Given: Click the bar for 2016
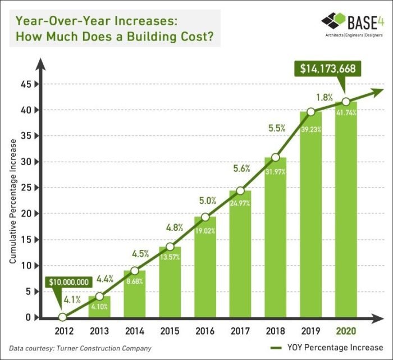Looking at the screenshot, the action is [205, 267].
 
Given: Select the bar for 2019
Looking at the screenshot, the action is [311, 215].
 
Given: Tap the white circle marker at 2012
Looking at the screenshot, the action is [62, 317].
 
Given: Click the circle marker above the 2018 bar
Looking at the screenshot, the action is [276, 157].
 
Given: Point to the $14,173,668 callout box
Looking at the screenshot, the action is [327, 69].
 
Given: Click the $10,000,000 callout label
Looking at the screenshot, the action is [68, 282].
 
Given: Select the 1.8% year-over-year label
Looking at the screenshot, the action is [325, 97].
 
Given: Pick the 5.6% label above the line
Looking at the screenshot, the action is [241, 168].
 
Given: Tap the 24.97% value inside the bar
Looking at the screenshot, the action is [240, 203].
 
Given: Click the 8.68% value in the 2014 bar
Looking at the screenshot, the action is [135, 281].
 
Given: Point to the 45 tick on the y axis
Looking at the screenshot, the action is [26, 84].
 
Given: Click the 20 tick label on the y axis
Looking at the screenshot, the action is [26, 213].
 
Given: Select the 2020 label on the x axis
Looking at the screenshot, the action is [346, 331].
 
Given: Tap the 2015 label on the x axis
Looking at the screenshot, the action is [170, 331].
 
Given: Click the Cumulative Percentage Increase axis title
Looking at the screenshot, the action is [12, 201].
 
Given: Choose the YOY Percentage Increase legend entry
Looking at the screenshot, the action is [327, 348].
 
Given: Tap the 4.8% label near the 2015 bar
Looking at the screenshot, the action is [175, 227].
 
